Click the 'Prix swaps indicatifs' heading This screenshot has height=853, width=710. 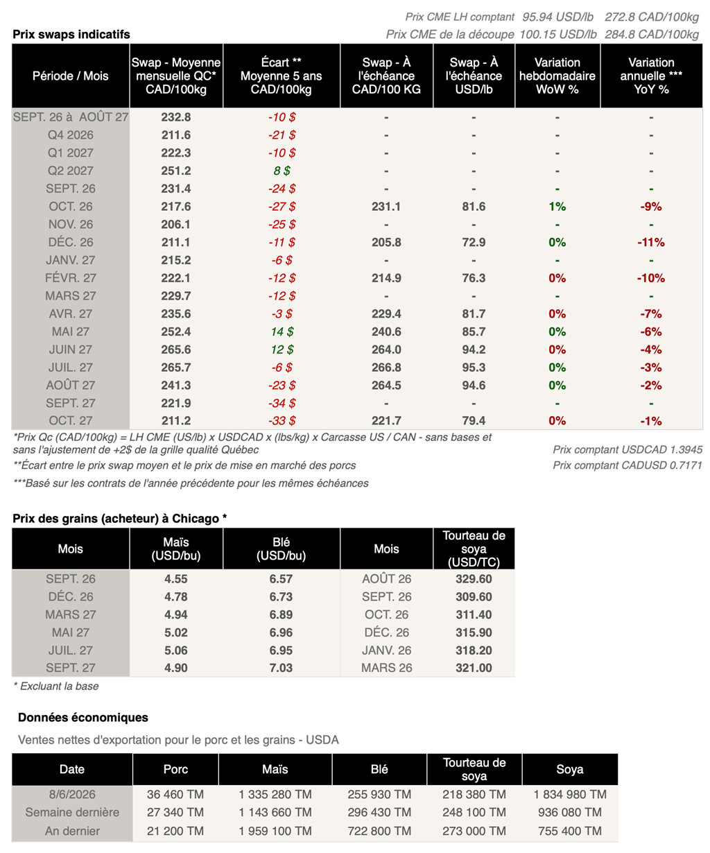coord(71,34)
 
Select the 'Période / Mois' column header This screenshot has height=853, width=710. coord(70,76)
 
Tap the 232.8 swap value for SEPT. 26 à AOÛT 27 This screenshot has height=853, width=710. coord(175,117)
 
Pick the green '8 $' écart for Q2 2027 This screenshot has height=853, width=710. coord(282,171)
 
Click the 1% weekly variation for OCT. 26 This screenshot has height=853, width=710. coord(557,207)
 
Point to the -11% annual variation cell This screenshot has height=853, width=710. coord(651,242)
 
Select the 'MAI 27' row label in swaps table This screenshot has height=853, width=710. coord(70,331)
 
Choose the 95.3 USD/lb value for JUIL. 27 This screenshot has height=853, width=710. coord(474,368)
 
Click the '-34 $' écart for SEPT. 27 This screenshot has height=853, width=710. coord(282,403)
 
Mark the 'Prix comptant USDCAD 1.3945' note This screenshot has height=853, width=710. coord(627,450)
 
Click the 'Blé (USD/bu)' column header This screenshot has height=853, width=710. coord(281,549)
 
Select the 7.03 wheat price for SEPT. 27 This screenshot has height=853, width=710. coord(281,668)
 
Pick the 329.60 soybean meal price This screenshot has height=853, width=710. coord(474,579)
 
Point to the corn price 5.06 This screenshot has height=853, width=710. coord(175,650)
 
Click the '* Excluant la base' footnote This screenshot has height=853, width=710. coord(56,687)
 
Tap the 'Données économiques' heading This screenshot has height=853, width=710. coord(83,717)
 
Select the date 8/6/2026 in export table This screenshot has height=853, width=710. coord(72,794)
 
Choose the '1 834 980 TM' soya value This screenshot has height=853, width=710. coord(569,794)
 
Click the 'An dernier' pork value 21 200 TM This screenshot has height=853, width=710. coord(175,831)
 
